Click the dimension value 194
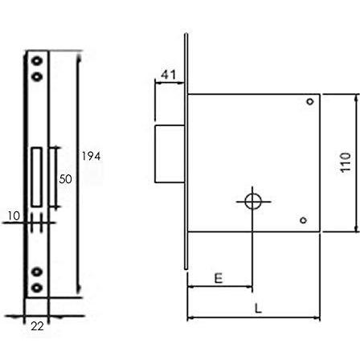(x=91, y=156)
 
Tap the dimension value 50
(x=66, y=179)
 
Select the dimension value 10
(x=14, y=216)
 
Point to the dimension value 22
(x=37, y=326)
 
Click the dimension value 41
(x=169, y=75)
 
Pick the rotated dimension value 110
(x=346, y=162)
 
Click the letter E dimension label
(x=219, y=278)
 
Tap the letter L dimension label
(x=258, y=309)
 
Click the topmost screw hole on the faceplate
(x=37, y=60)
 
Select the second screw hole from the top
(x=37, y=77)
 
